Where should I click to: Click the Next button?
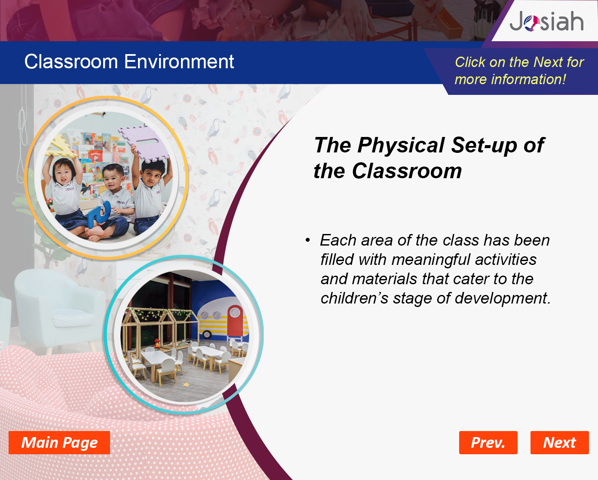(559, 443)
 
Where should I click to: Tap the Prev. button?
(488, 443)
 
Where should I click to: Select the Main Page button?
(59, 443)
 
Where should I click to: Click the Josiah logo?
(546, 21)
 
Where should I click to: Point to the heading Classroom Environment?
(129, 62)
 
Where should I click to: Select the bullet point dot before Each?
(307, 240)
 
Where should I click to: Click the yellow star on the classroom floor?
(186, 385)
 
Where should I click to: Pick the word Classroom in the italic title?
(407, 171)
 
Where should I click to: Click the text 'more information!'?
(510, 79)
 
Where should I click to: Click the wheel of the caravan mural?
(207, 334)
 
